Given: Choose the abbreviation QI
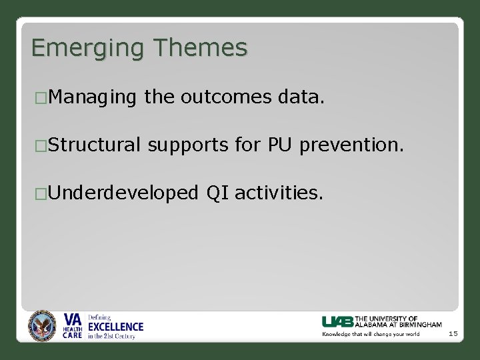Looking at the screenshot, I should (x=217, y=193).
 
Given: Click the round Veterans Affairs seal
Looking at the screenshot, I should (x=43, y=326).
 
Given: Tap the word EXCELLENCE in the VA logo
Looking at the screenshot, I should (x=115, y=327).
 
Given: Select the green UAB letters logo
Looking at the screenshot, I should (x=338, y=321).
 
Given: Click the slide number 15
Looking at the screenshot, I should (x=453, y=333).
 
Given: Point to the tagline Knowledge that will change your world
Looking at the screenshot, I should (x=371, y=334).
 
